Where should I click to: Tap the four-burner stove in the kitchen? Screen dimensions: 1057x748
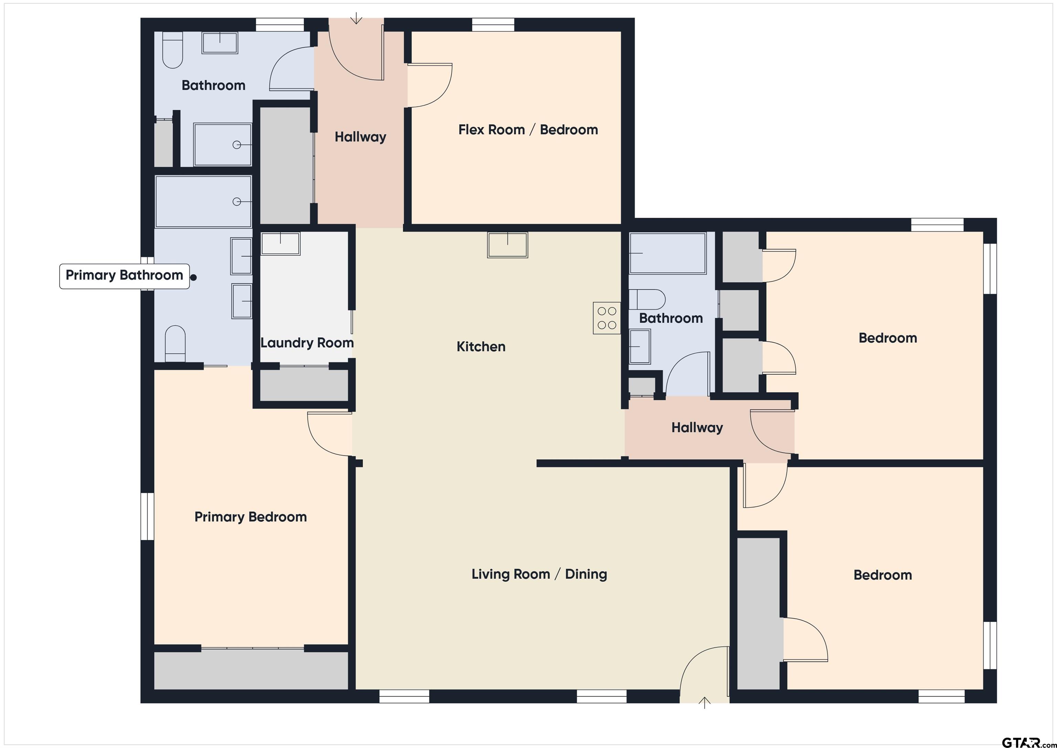(x=607, y=318)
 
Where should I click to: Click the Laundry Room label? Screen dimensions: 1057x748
(x=307, y=343)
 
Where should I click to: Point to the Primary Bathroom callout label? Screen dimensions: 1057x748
(x=124, y=276)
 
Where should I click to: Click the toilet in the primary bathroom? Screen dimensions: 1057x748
(x=175, y=344)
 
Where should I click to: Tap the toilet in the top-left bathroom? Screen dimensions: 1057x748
(x=173, y=50)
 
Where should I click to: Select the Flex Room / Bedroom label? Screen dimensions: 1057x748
(x=528, y=130)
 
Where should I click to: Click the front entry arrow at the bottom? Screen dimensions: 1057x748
(x=704, y=703)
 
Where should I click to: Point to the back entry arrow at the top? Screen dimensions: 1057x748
(x=356, y=19)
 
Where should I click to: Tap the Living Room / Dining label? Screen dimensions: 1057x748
(x=539, y=575)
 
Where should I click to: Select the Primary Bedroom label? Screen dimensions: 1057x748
(x=250, y=517)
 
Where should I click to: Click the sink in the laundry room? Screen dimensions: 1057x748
(x=280, y=243)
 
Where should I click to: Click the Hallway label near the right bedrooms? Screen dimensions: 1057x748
(x=697, y=428)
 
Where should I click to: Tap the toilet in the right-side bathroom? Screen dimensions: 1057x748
(x=647, y=299)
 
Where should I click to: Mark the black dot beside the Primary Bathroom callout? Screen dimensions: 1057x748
(x=194, y=277)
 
